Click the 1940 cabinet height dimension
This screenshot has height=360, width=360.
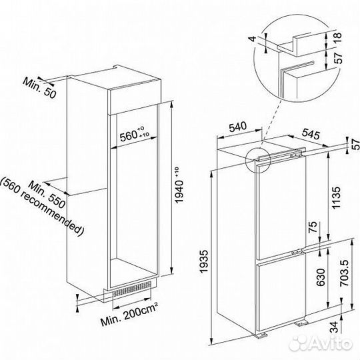pos(179,185)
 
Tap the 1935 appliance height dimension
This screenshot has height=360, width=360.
pos(204,261)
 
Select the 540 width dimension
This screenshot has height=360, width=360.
pos(237,127)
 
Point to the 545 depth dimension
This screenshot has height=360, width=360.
pos(311,134)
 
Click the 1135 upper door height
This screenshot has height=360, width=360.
pos(336,198)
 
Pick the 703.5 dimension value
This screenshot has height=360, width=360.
pos(345,273)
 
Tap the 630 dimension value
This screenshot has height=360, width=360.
pos(321,277)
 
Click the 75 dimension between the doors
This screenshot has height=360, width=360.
pos(313,227)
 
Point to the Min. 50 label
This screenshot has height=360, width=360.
pos(39,88)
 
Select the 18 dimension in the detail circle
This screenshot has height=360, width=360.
pos(337,37)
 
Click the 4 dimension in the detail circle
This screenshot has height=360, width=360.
pos(253,39)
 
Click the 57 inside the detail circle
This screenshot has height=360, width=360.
pos(337,58)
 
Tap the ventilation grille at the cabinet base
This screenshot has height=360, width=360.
pos(132,289)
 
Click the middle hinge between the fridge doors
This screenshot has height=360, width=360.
pos(297,251)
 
